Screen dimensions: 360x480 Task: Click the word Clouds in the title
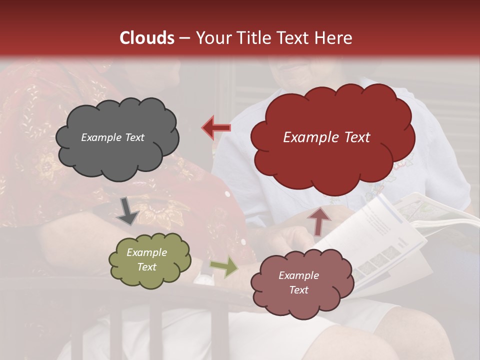(x=147, y=38)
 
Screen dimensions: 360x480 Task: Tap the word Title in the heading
(x=253, y=38)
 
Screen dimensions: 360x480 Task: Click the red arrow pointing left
(x=216, y=127)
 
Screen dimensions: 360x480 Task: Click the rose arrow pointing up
(x=319, y=220)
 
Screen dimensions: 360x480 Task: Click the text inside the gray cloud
(x=112, y=137)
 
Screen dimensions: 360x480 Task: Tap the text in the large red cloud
(x=326, y=137)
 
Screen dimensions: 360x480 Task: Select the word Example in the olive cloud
(x=146, y=252)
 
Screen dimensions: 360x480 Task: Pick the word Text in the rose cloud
(x=298, y=290)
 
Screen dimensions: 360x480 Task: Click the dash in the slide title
(x=184, y=38)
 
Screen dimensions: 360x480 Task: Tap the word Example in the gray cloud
(x=100, y=137)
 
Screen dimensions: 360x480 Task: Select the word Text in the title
(x=294, y=38)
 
